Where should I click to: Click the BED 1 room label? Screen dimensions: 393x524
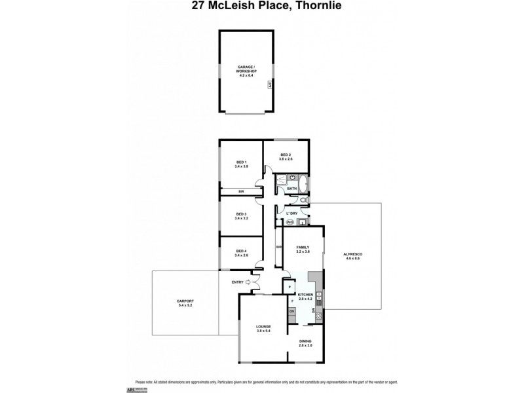click(241, 162)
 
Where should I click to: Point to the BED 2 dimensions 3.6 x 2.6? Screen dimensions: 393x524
click(286, 159)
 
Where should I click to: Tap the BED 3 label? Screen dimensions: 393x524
click(241, 214)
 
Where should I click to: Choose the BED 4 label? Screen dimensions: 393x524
click(241, 251)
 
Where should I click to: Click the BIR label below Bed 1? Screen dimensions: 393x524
click(241, 191)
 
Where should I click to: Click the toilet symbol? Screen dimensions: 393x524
click(303, 200)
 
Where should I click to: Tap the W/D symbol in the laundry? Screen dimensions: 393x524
click(289, 221)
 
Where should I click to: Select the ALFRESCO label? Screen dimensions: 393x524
click(352, 253)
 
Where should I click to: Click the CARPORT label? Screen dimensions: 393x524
click(185, 301)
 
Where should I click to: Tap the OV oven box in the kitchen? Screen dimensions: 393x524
click(291, 310)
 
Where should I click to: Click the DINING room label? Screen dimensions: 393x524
click(305, 341)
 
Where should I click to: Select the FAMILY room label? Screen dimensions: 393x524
click(302, 248)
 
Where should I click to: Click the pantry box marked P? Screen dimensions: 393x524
click(289, 286)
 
